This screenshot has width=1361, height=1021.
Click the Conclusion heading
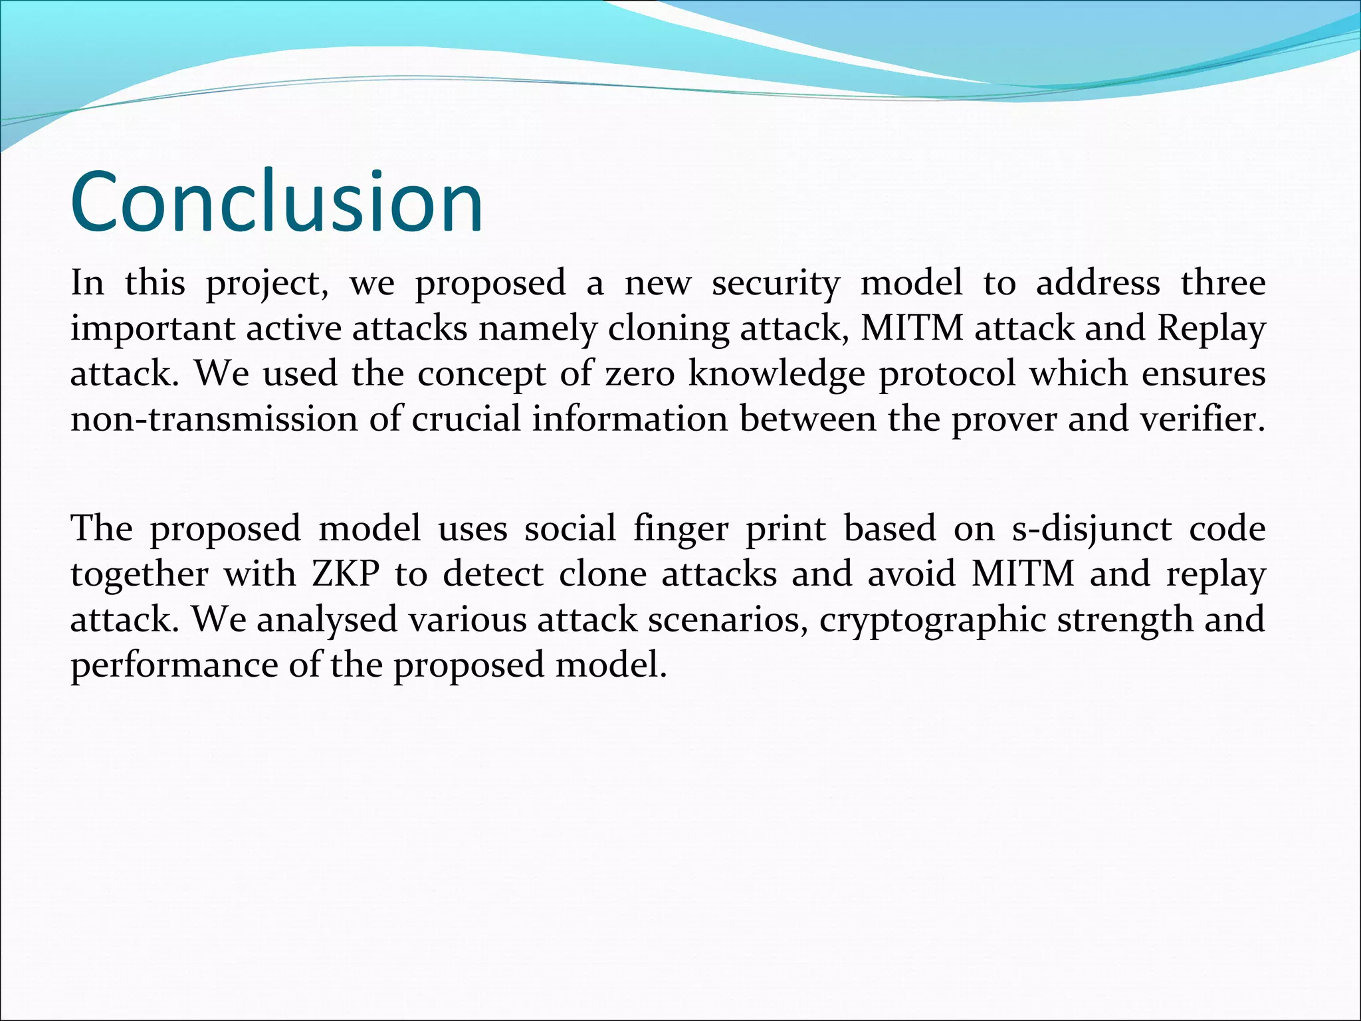click(x=276, y=202)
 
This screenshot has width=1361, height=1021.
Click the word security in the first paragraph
click(x=776, y=283)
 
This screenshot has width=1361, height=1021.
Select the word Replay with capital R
click(x=1211, y=328)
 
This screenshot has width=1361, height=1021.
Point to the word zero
click(x=639, y=374)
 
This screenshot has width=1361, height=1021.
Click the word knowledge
click(x=776, y=374)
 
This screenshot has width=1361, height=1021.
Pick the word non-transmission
click(x=214, y=419)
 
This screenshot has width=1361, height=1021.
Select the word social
click(x=570, y=529)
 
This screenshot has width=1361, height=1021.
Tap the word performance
click(x=174, y=665)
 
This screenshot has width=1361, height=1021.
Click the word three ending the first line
click(x=1223, y=283)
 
